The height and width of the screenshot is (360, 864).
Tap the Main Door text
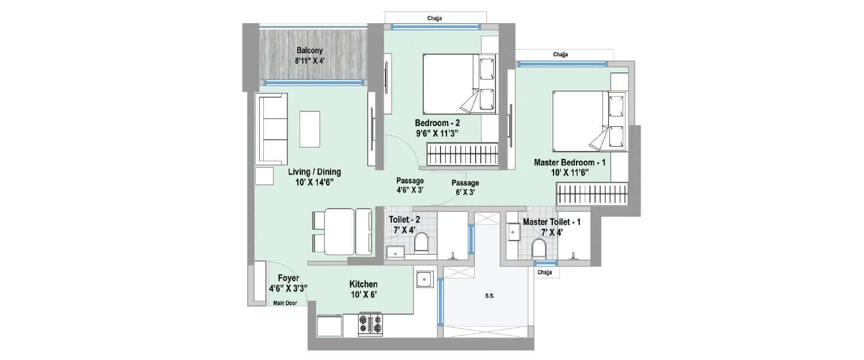pos(285,303)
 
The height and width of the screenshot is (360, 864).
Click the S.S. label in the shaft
pos(490,296)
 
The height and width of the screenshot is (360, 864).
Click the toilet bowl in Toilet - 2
pos(421,243)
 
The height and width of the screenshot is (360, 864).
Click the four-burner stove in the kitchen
pos(370,324)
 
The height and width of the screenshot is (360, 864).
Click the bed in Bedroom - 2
pos(459,84)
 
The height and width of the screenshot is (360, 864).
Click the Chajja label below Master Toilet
pos(544,272)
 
